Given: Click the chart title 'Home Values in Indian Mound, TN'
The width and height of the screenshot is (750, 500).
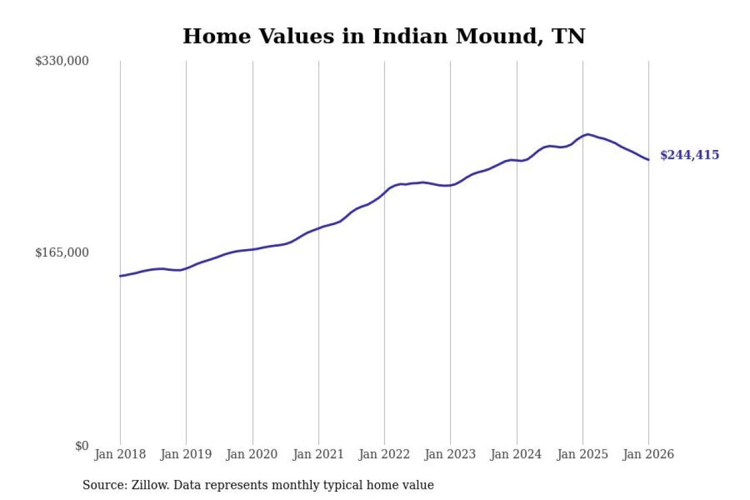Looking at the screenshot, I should click(384, 36).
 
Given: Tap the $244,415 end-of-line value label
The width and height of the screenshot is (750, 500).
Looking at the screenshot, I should click(689, 155).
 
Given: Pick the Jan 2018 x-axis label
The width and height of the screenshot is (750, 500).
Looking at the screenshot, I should click(120, 454).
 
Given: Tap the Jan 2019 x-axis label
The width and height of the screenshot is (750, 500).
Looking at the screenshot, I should click(186, 454).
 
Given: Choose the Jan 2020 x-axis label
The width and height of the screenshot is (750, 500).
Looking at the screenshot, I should click(253, 454).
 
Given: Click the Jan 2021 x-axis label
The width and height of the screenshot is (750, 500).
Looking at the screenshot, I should click(319, 454).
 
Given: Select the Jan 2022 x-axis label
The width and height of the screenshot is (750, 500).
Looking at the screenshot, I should click(384, 454).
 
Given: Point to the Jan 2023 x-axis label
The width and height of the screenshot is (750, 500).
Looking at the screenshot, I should click(451, 454).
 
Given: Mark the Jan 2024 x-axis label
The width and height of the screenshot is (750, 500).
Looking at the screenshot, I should click(517, 454).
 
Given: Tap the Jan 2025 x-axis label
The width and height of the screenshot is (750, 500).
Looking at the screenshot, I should click(583, 454).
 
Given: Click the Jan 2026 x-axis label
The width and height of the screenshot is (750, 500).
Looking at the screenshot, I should click(649, 454).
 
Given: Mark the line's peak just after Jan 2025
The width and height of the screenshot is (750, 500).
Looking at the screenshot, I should click(587, 134).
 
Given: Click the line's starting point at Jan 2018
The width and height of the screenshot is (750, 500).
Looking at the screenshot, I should click(120, 276).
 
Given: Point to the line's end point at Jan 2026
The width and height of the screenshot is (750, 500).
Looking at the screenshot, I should click(649, 159).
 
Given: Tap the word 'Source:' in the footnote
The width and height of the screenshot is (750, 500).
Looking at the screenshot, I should click(102, 485).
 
